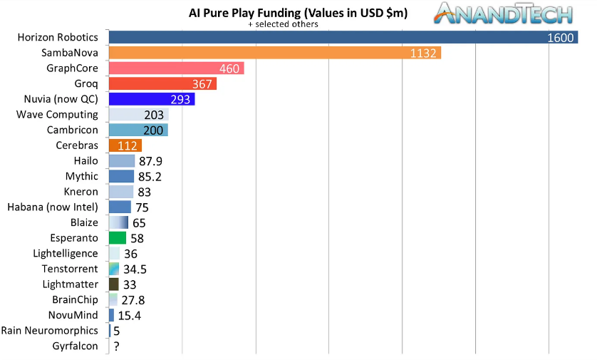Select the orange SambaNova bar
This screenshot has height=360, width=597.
[x=274, y=53]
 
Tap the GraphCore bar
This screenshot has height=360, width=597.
[x=176, y=68]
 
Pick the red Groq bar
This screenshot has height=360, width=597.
[x=162, y=83]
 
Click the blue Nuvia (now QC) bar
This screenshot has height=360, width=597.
[x=151, y=99]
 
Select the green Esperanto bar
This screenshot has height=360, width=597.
[x=118, y=238]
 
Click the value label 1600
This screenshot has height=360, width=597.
[x=561, y=38]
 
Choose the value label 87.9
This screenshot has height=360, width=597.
[x=150, y=161]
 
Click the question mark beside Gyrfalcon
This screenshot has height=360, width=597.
[x=115, y=346]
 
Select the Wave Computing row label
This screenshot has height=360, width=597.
[x=57, y=114]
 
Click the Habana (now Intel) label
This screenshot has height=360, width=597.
[x=53, y=207]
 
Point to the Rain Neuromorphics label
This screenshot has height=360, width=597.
[x=50, y=331]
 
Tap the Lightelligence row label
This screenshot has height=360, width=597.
[x=66, y=253]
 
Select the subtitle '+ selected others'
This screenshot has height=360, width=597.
[x=283, y=24]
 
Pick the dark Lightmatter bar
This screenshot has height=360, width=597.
[x=113, y=284]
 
